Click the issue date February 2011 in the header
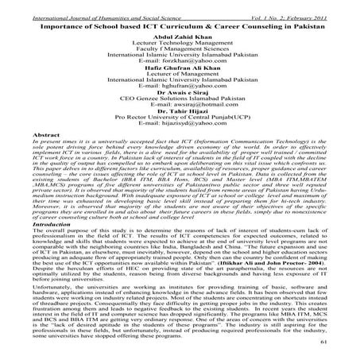click(x=334, y=6)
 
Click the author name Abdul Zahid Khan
click(x=180, y=25)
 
